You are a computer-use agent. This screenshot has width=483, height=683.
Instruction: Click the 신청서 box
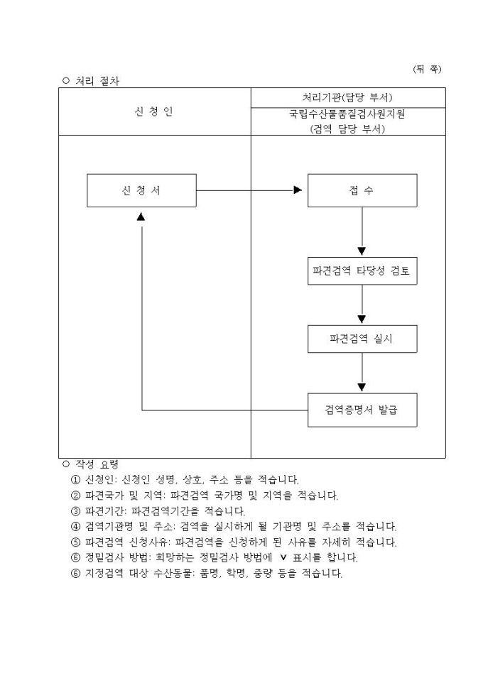pos(141,190)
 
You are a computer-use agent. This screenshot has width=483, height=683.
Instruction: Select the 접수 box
pos(362,190)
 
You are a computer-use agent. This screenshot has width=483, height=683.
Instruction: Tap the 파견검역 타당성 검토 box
pos(362,271)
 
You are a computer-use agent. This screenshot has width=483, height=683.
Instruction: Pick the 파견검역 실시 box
pos(362,339)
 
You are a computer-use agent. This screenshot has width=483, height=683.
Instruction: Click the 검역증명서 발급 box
pos(362,410)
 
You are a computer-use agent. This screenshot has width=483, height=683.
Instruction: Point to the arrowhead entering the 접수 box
pos(298,190)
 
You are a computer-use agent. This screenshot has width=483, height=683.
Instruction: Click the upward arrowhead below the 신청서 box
pos(141,216)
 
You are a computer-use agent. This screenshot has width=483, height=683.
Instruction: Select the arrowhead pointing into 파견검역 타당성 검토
pos(362,251)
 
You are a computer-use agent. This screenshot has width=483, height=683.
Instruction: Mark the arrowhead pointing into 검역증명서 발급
pos(362,387)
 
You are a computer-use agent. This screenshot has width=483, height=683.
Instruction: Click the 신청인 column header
pos(153,111)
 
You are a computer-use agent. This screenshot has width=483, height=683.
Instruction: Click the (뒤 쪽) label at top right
pos(427,69)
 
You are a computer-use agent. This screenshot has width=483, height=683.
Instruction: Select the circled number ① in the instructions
pos(75,479)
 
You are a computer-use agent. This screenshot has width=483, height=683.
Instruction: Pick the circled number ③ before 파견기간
pos(75,510)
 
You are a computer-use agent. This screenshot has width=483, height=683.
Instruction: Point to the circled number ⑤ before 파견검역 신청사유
pos(75,542)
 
